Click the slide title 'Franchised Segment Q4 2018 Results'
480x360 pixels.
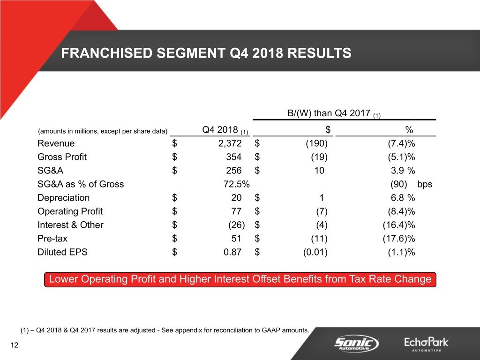[x=206, y=53]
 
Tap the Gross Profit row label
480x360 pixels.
[x=62, y=157]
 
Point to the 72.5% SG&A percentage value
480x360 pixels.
[x=237, y=184]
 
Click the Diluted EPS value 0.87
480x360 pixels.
[x=232, y=252]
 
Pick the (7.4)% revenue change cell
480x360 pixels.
[x=398, y=143]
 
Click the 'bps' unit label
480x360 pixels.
[x=424, y=184]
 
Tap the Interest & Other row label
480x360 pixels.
[x=70, y=225]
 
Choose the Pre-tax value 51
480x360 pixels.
[x=236, y=239]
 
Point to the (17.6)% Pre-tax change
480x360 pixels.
[x=398, y=239]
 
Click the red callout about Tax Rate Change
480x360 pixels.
[x=240, y=279]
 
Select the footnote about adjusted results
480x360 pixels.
[x=165, y=330]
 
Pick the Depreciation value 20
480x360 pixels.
[x=236, y=198]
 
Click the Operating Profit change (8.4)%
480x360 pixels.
[x=398, y=211]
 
